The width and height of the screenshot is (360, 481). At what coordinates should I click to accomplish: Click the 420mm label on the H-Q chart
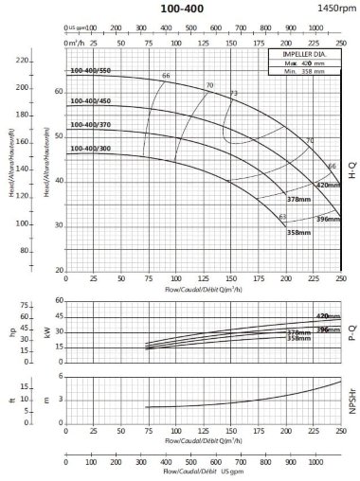[x=327, y=185]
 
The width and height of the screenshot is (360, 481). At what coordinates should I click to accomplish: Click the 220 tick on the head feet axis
[x=48, y=62]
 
